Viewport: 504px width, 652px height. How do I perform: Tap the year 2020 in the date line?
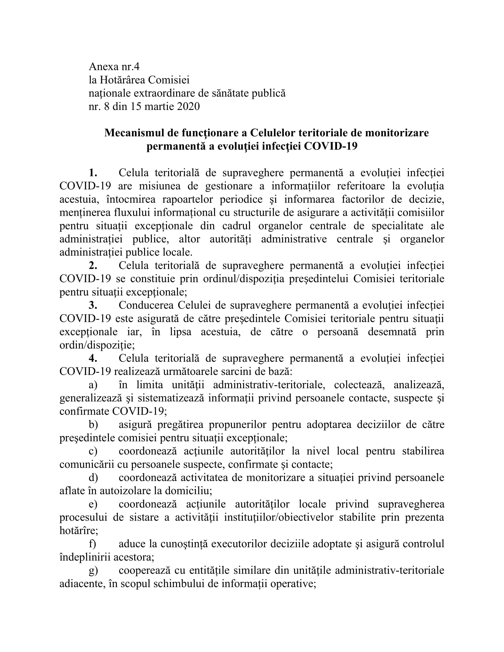(188, 107)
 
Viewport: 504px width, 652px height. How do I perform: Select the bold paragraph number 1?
(93, 172)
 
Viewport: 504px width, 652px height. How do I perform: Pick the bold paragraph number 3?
(93, 305)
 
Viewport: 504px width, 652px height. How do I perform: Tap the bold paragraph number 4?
(93, 358)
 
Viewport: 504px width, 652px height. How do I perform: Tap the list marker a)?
(93, 385)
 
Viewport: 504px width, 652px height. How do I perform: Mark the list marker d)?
(93, 478)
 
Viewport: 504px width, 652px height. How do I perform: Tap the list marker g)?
(93, 570)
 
